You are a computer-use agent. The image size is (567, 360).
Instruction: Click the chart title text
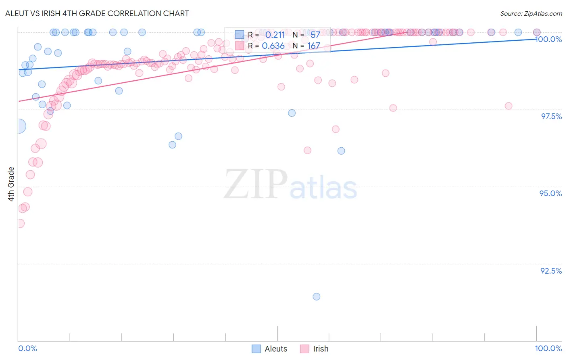pyautogui.click(x=97, y=13)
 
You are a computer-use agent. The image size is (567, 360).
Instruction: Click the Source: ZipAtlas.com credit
pyautogui.click(x=531, y=13)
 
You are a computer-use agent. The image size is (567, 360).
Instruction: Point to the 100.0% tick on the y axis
pyautogui.click(x=549, y=39)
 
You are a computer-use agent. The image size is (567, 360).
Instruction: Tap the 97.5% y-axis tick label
pyautogui.click(x=551, y=116)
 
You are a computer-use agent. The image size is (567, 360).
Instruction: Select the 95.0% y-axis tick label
pyautogui.click(x=550, y=193)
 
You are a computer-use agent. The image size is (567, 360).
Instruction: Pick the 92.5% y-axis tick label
pyautogui.click(x=551, y=271)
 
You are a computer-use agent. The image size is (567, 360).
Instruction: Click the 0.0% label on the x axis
pyautogui.click(x=27, y=348)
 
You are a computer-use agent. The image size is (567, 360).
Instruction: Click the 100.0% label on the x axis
pyautogui.click(x=548, y=348)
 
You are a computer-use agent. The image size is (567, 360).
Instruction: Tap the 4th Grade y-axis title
pyautogui.click(x=11, y=184)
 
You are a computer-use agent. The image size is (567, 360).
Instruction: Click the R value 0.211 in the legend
pyautogui.click(x=275, y=35)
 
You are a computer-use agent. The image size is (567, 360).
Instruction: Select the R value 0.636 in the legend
pyautogui.click(x=273, y=46)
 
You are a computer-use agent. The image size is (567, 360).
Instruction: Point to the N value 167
pyautogui.click(x=314, y=46)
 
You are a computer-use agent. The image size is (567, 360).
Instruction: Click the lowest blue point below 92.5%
pyautogui.click(x=317, y=297)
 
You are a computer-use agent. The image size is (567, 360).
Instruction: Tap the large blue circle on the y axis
pyautogui.click(x=19, y=126)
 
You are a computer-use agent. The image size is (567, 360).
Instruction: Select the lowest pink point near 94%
pyautogui.click(x=20, y=223)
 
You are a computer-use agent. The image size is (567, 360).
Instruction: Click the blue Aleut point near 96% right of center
pyautogui.click(x=341, y=151)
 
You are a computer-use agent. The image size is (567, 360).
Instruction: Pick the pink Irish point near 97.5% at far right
pyautogui.click(x=509, y=106)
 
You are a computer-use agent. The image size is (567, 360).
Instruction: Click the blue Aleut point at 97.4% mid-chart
pyautogui.click(x=292, y=113)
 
